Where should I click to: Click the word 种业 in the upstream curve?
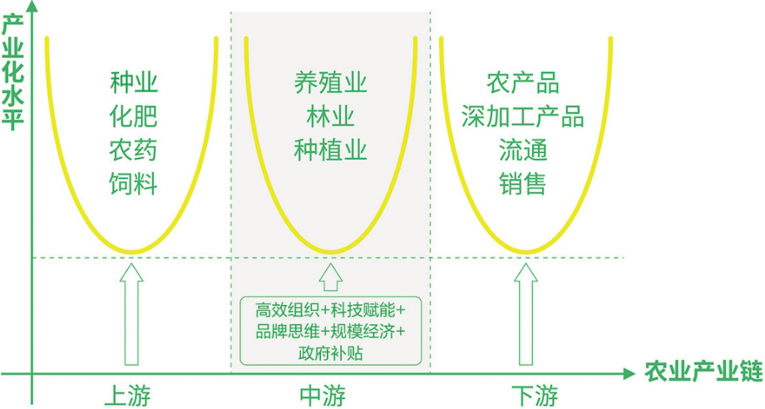[134, 83]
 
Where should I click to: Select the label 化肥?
[134, 116]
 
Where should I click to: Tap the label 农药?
[134, 150]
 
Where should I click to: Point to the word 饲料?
[134, 183]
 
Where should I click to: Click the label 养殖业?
[330, 83]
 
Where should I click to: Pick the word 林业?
[330, 116]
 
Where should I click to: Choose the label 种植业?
[330, 150]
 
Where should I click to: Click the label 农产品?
[523, 83]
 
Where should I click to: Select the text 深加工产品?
[523, 116]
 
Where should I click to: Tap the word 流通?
[523, 150]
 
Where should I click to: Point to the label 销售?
[523, 183]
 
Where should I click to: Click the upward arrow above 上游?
[131, 313]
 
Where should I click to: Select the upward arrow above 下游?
[525, 313]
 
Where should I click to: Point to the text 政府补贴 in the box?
[330, 352]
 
